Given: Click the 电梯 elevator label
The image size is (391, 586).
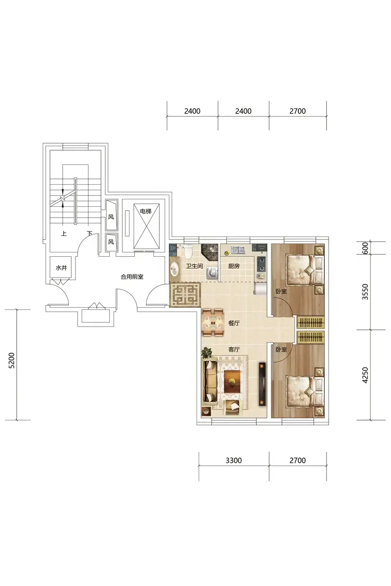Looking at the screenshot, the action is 145,211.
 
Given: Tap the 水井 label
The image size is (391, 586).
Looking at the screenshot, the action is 61,267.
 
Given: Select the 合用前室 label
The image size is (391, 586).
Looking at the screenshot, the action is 132,277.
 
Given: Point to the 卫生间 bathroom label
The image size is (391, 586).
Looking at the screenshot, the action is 194,266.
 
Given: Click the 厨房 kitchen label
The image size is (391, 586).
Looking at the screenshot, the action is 234,266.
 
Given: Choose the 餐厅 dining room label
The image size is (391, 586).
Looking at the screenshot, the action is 234,323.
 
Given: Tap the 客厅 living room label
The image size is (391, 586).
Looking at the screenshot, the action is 234,350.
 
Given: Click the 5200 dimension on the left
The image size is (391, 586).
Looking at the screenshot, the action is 12,360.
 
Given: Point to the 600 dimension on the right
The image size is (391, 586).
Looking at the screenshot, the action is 365,248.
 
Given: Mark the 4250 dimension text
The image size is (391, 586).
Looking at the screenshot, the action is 365,375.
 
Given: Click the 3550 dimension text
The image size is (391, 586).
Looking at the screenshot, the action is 365,292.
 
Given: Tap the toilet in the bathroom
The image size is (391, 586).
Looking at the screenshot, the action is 188,251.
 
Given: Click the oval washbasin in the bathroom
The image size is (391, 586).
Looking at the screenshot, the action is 174,270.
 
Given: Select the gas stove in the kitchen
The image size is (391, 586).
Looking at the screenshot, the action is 262,264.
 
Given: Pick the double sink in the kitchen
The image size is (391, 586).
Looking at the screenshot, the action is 238,250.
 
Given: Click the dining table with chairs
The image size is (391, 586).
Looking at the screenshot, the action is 212,323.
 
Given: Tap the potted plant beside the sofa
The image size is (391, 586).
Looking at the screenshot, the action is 206,353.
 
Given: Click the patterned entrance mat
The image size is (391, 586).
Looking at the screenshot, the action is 185,295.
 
